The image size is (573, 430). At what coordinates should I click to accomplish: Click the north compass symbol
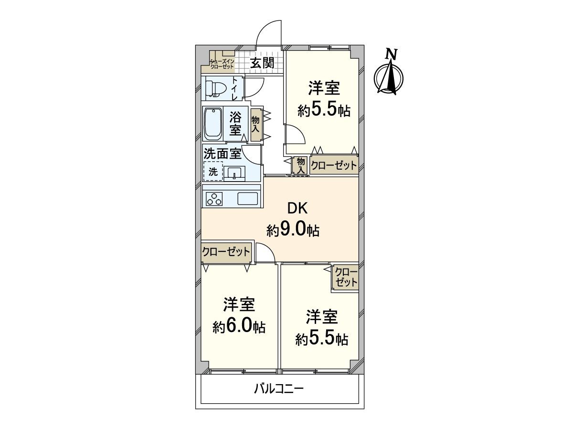[x=389, y=75]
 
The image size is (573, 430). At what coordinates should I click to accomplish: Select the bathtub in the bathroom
[x=213, y=124]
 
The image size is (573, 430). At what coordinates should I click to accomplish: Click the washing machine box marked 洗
[x=213, y=171]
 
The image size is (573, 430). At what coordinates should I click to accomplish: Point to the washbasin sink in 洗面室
[x=234, y=173]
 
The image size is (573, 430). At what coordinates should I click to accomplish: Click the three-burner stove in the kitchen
[x=214, y=199]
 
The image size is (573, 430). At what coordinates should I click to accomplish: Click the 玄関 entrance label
[x=262, y=63]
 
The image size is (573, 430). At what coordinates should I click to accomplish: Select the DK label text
[x=297, y=208]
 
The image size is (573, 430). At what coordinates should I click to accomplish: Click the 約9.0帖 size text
[x=293, y=230]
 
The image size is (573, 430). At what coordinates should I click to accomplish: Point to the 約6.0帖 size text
[x=239, y=327]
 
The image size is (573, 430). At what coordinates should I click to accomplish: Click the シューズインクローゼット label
[x=222, y=64]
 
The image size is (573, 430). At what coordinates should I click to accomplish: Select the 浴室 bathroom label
[x=235, y=123]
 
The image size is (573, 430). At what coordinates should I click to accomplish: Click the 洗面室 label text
[x=223, y=154]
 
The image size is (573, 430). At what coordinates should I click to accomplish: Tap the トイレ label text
[x=235, y=88]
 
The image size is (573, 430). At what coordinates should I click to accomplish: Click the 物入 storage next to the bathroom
[x=255, y=124]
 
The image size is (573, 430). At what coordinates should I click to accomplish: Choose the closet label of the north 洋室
[x=334, y=165]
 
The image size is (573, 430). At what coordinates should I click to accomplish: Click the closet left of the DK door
[x=226, y=252]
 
